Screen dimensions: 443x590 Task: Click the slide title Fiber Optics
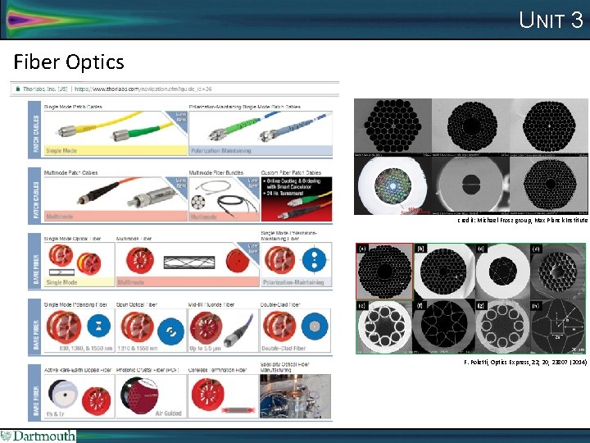click(x=69, y=62)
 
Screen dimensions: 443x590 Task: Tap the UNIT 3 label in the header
click(x=551, y=20)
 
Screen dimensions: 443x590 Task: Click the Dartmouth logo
click(x=39, y=436)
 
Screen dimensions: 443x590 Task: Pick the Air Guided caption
click(x=168, y=413)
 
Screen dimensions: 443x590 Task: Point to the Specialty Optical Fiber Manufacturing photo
click(x=296, y=397)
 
